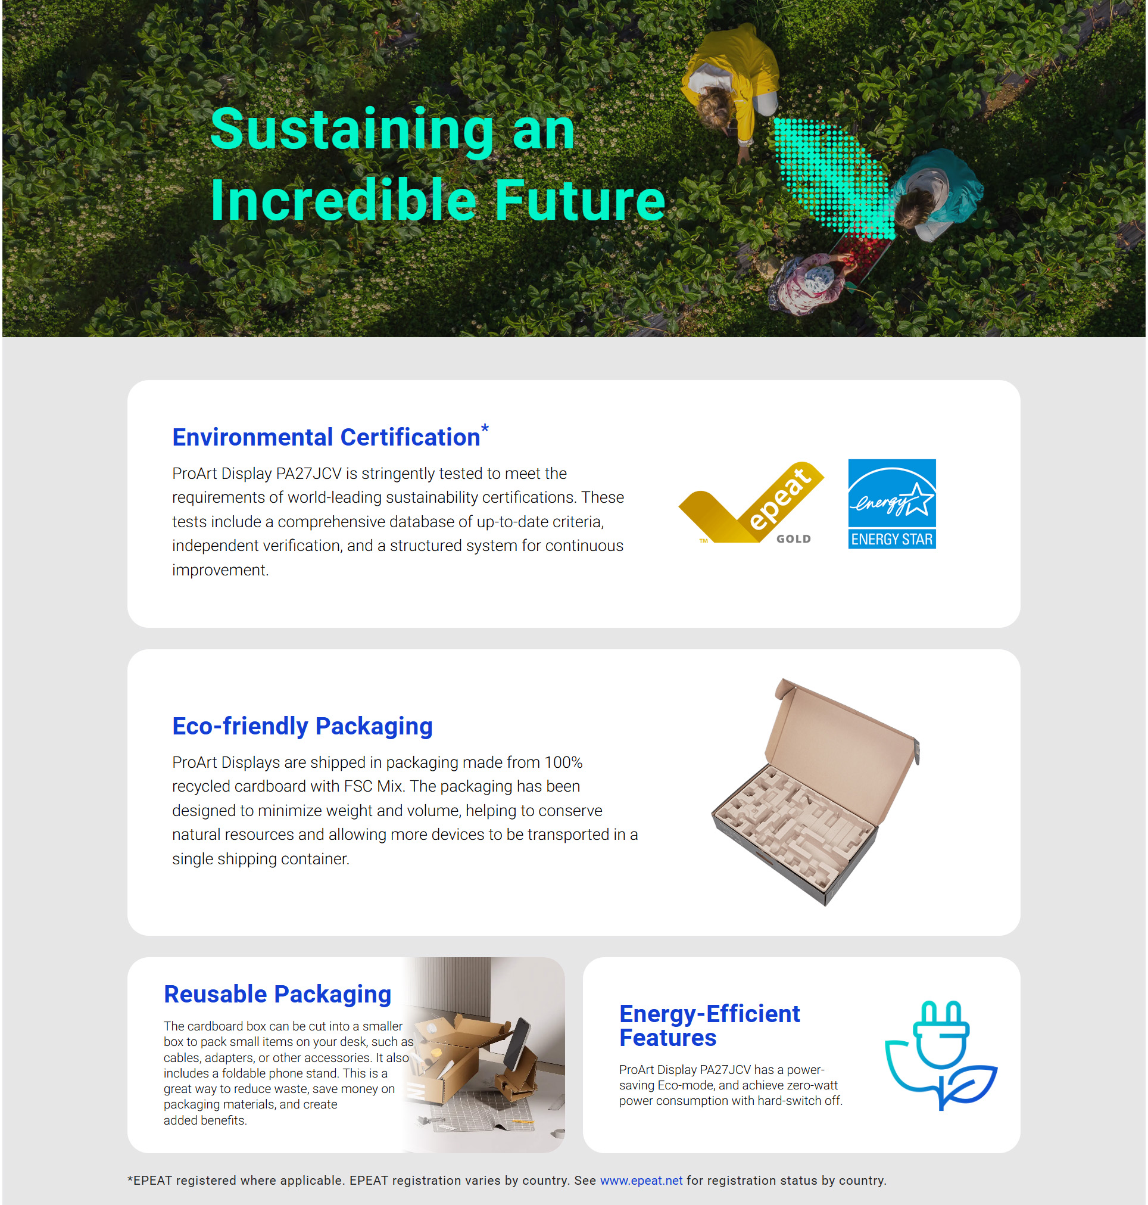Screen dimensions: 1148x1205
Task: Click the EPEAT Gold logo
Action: coord(751,503)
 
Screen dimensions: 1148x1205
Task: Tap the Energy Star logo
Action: coord(891,503)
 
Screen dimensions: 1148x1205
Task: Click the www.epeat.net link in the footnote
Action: coord(641,1180)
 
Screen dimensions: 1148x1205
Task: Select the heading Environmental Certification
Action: coord(326,437)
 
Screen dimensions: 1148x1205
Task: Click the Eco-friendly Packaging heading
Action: coord(302,726)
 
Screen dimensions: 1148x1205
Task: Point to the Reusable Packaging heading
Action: coord(277,994)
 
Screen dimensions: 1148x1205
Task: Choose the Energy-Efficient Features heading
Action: coord(709,1026)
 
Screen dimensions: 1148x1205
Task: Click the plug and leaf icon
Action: coord(941,1055)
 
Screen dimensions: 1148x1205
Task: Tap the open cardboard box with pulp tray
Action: coord(816,792)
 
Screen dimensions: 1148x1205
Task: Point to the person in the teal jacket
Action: coord(936,195)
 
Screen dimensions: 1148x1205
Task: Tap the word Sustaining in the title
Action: coord(352,130)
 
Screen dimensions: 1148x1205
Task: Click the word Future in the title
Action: coord(579,200)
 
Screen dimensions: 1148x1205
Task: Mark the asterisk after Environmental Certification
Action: coord(485,428)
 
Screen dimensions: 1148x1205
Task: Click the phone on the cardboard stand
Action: coord(517,1044)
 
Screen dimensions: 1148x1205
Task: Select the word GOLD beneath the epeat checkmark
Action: coord(794,539)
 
